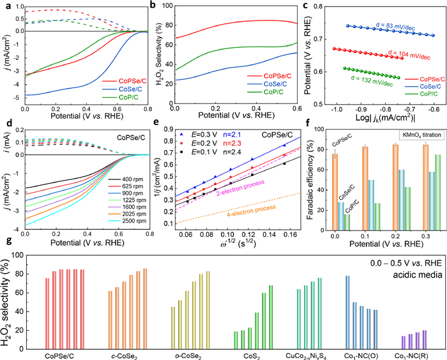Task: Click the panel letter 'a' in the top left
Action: [5, 5]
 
